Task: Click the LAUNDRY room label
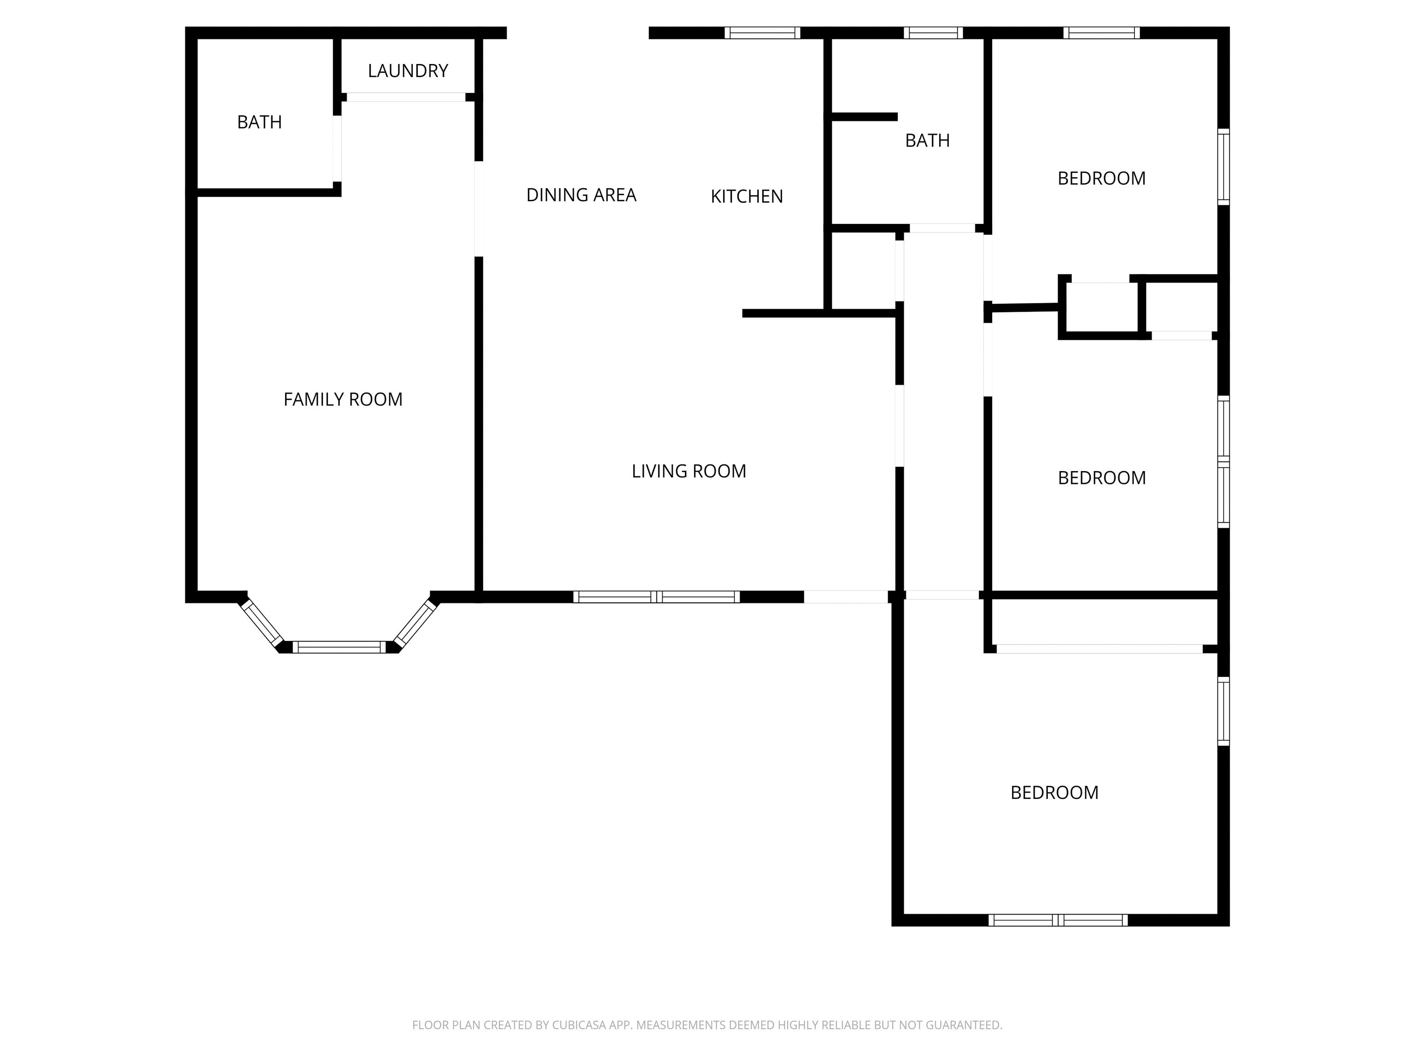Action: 408,71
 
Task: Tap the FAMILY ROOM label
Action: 343,400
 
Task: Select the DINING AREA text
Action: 581,195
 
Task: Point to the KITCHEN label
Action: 747,196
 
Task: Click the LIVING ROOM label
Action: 689,472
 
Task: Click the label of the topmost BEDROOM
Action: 1101,178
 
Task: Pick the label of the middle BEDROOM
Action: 1101,478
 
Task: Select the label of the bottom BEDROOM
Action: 1054,793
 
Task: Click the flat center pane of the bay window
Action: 339,647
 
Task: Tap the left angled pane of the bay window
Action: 262,623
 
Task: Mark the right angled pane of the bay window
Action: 416,623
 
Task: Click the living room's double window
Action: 656,597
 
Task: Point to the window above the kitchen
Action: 762,33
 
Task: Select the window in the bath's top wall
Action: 933,33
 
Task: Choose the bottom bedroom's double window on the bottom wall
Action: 1058,920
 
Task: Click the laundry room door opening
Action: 405,97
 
